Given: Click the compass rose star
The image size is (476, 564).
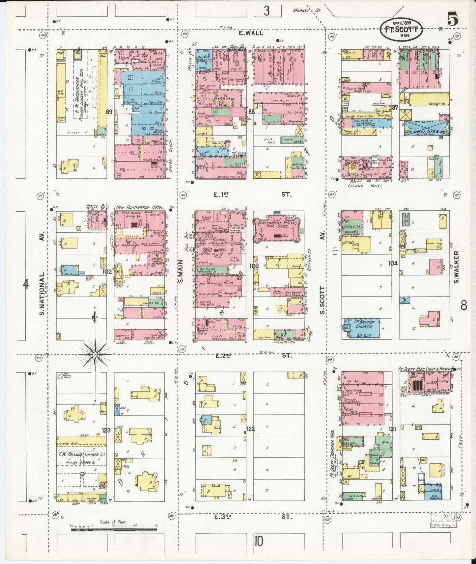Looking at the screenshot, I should (95, 354).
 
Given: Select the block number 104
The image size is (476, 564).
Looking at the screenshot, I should (393, 264).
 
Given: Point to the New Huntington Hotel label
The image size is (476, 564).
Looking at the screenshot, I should (140, 208).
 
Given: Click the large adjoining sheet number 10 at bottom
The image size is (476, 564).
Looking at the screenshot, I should (259, 541).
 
